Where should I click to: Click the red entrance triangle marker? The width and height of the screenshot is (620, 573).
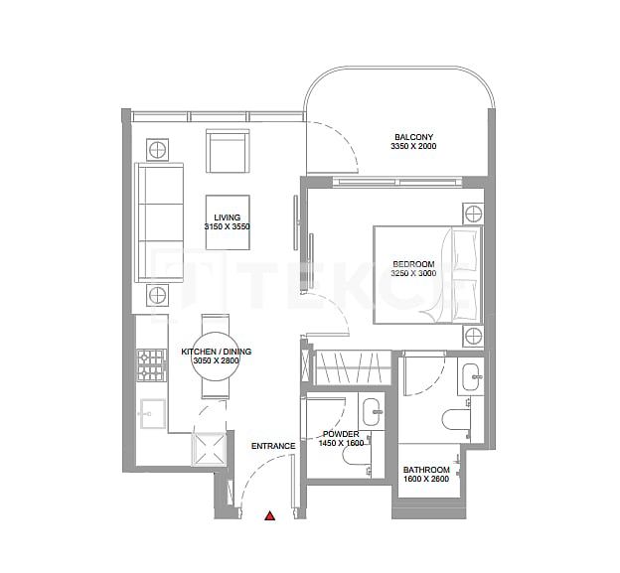point(269,515)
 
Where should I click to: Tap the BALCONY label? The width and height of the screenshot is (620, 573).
point(413,136)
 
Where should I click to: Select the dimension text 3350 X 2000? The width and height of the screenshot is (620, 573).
point(413,146)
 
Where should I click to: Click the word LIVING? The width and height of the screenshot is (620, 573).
point(228,216)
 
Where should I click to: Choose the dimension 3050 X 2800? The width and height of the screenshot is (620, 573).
point(210,362)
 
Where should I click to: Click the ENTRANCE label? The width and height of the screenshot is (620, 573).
point(273,446)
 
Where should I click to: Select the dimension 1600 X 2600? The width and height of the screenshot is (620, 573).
point(426,481)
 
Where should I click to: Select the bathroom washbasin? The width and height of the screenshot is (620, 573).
point(470,375)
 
